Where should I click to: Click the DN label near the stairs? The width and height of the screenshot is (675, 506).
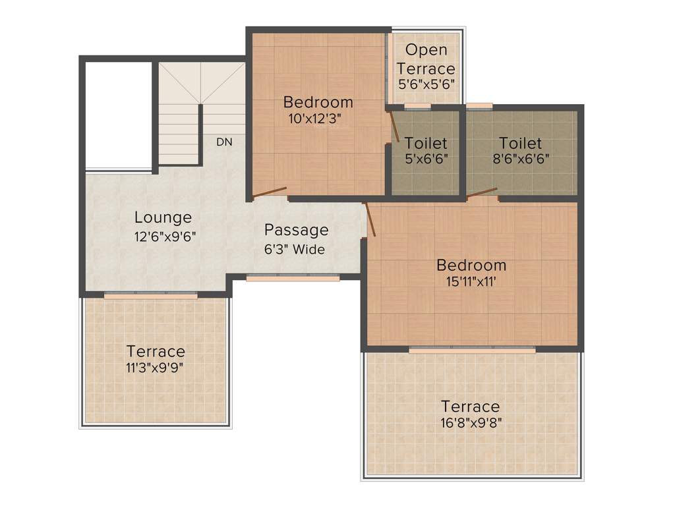(224, 142)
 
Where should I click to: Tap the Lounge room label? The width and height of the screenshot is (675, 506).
(163, 217)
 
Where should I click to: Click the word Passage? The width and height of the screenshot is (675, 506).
(296, 231)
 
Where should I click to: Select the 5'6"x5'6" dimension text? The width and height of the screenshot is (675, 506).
(426, 84)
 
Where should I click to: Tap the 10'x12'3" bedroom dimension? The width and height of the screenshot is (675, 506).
(314, 119)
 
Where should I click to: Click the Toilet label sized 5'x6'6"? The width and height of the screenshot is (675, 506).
(426, 143)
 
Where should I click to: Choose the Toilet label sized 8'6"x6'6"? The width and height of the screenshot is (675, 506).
(520, 143)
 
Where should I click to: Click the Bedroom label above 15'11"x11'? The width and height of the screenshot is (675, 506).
(471, 266)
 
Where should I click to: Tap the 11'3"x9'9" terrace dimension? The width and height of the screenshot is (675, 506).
(156, 367)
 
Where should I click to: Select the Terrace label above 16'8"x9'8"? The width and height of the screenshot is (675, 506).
(470, 407)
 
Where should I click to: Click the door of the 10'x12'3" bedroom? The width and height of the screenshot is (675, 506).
(270, 192)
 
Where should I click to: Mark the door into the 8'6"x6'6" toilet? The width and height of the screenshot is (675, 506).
(482, 192)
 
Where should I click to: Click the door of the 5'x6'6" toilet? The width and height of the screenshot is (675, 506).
(394, 127)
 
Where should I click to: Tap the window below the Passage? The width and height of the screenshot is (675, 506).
(293, 278)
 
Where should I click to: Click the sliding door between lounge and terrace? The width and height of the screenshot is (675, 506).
(150, 296)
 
